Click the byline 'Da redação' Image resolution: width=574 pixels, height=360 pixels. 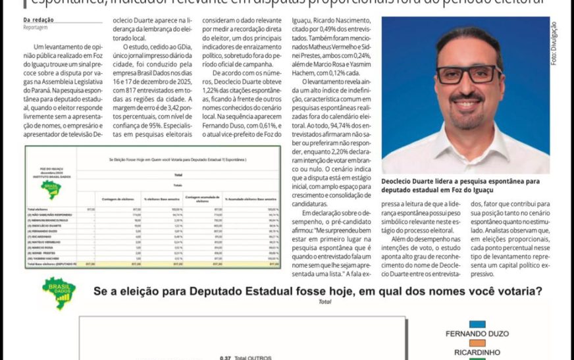(x=38, y=20)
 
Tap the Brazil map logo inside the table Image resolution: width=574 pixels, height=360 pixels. (x=51, y=190)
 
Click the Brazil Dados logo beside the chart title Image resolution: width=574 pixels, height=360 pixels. (x=59, y=293)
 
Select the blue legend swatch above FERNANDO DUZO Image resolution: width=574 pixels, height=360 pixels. (x=478, y=324)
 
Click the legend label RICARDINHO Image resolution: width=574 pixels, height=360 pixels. (x=478, y=352)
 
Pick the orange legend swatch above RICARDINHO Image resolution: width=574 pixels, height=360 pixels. (x=478, y=343)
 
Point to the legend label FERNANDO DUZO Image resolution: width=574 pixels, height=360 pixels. (x=478, y=334)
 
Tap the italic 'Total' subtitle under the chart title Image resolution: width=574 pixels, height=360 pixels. (x=324, y=302)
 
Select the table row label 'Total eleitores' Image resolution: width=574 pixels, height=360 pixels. (x=41, y=209)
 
